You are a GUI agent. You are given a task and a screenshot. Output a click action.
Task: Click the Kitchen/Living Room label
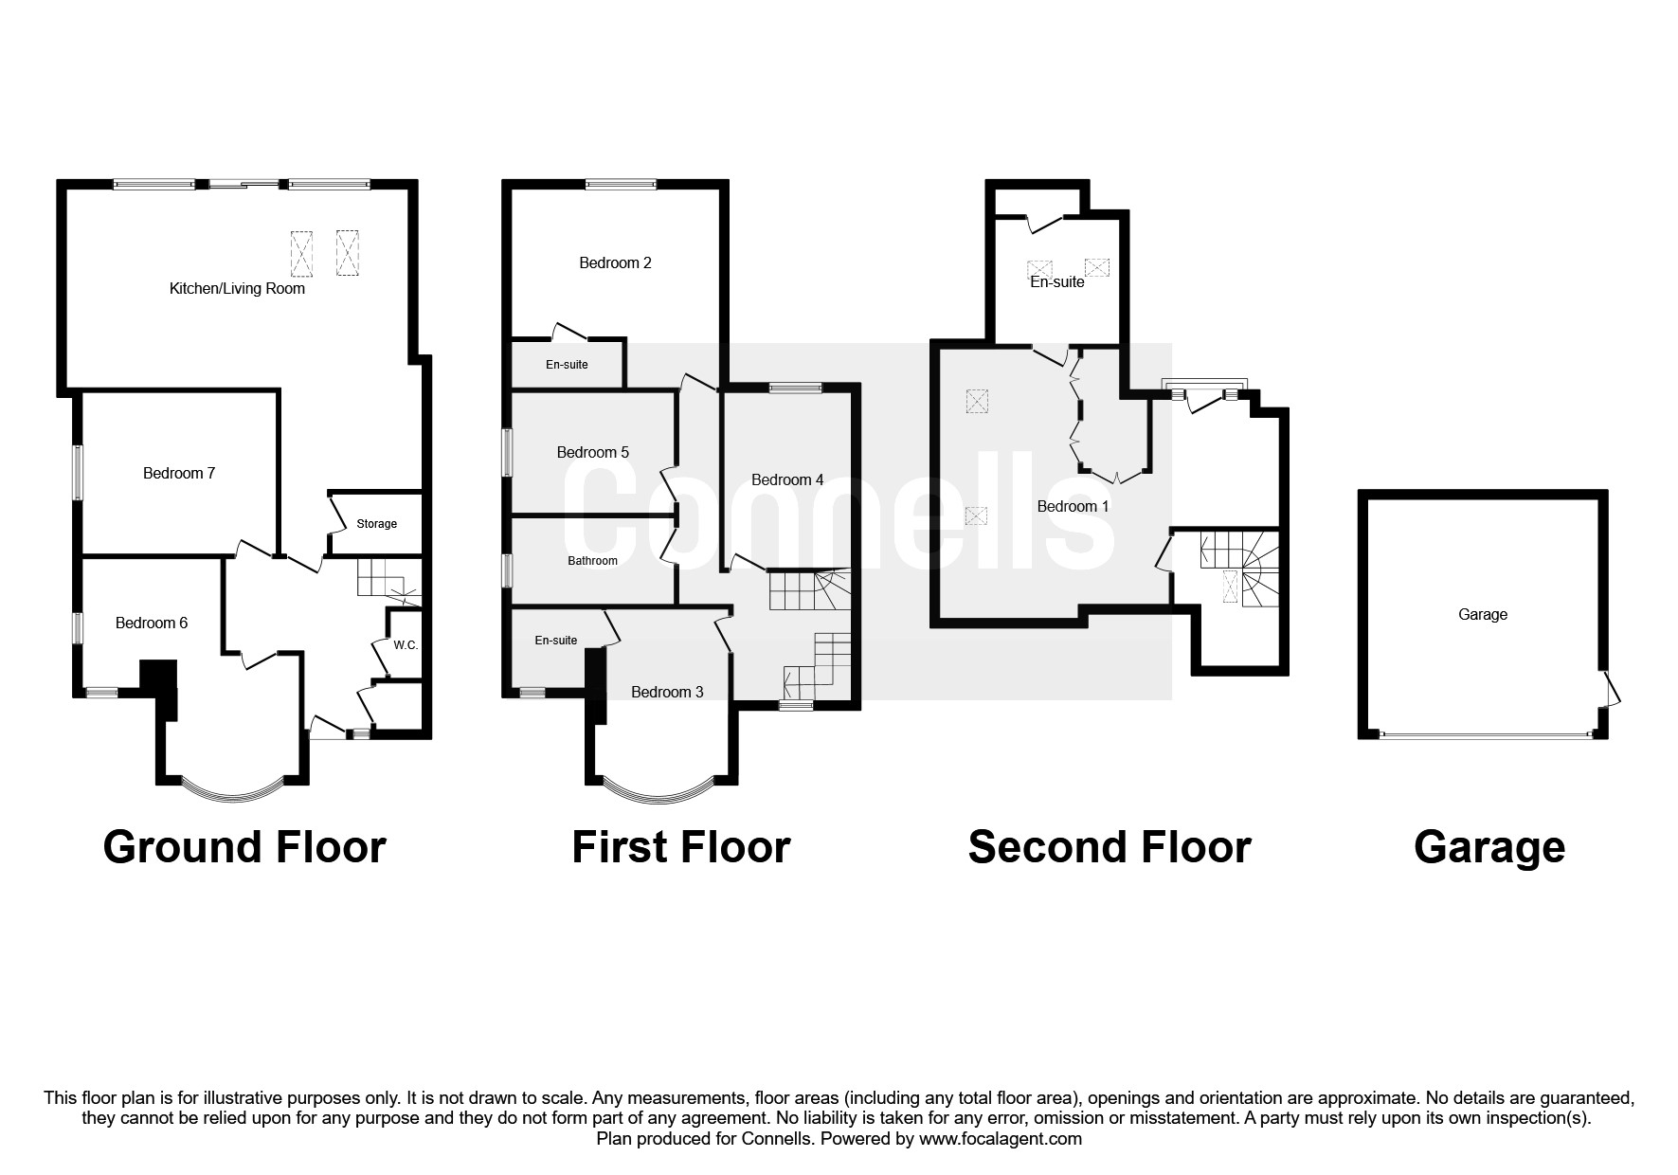coord(237,289)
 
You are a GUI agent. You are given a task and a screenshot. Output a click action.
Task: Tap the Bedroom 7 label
coord(179,473)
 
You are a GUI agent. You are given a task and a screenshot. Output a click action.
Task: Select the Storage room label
coord(376,524)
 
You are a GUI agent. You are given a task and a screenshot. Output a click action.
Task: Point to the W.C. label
coord(406,645)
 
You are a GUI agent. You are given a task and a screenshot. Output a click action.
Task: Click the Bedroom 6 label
coord(152,623)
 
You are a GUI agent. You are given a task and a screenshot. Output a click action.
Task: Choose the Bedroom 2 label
coord(615,262)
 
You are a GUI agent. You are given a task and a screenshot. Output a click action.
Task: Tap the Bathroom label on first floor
coord(592,561)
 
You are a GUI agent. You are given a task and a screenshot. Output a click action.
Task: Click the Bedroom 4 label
coord(787,479)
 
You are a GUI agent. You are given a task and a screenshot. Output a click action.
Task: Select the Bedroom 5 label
coord(592,452)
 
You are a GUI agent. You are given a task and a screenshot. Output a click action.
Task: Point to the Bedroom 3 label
coord(667,692)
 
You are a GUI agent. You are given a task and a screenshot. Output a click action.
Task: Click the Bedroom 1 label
coord(1073,506)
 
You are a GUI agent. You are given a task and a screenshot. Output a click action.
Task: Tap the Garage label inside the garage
coord(1482,614)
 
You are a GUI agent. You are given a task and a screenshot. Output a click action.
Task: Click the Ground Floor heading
coord(244,846)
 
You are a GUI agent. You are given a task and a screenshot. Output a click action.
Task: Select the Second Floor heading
coord(1109,846)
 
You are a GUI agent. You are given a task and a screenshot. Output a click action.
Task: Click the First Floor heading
coord(680,846)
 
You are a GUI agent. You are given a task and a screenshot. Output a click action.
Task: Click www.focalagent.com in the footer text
coord(1000,1139)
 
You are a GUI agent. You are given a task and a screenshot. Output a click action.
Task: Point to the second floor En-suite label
coord(1056,281)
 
